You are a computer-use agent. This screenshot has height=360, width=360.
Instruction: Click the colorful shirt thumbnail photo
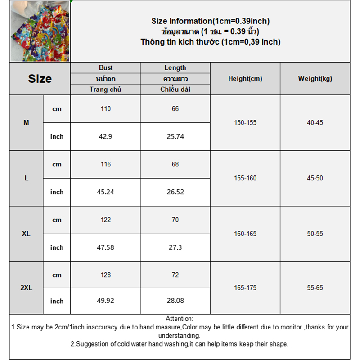[x=40, y=31]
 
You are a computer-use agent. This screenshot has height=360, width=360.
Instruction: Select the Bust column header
[x=106, y=67]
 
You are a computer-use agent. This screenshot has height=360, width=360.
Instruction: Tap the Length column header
[x=175, y=67]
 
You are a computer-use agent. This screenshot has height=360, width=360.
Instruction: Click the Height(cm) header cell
[x=245, y=78]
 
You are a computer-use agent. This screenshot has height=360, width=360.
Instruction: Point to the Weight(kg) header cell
[x=315, y=78]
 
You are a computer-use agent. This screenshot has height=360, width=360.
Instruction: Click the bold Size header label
[x=40, y=79]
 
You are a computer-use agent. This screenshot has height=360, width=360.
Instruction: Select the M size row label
[x=26, y=122]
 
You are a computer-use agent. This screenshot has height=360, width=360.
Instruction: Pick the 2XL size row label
[x=26, y=288]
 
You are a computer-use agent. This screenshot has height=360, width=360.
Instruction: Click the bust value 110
[x=106, y=108]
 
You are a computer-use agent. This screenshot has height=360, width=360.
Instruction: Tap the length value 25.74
[x=175, y=136]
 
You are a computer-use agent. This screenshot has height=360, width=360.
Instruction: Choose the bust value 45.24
[x=106, y=192]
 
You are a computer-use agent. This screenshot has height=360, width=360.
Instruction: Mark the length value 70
[x=175, y=220]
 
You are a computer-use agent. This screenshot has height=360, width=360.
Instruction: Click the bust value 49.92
[x=106, y=301]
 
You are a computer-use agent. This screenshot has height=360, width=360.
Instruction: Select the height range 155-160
[x=245, y=178]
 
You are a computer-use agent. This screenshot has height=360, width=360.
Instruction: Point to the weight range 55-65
[x=315, y=288]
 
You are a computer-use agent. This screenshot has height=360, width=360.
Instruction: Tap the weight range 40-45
[x=315, y=122]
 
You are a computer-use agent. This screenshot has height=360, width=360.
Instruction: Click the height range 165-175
[x=245, y=288]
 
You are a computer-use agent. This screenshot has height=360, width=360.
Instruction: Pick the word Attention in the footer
[x=179, y=319]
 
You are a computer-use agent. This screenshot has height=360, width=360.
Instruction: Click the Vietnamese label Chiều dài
[x=175, y=89]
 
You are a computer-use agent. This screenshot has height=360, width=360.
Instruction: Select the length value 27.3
[x=175, y=247]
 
